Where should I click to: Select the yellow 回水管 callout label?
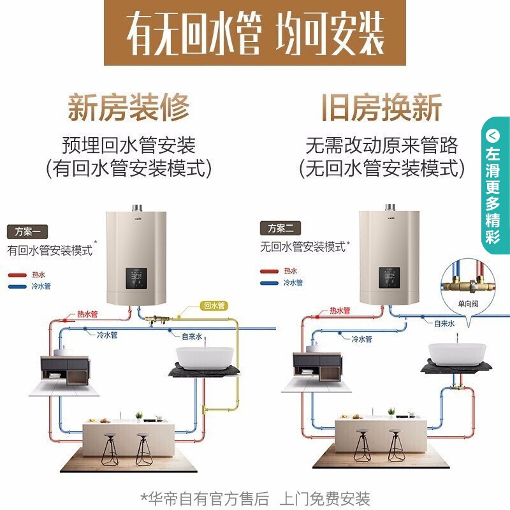pos(213,305)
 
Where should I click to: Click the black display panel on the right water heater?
pos(390,277)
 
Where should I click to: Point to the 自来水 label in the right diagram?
pos(444,324)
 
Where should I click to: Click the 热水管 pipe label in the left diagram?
pos(87,314)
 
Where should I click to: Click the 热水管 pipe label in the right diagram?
pos(340,311)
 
